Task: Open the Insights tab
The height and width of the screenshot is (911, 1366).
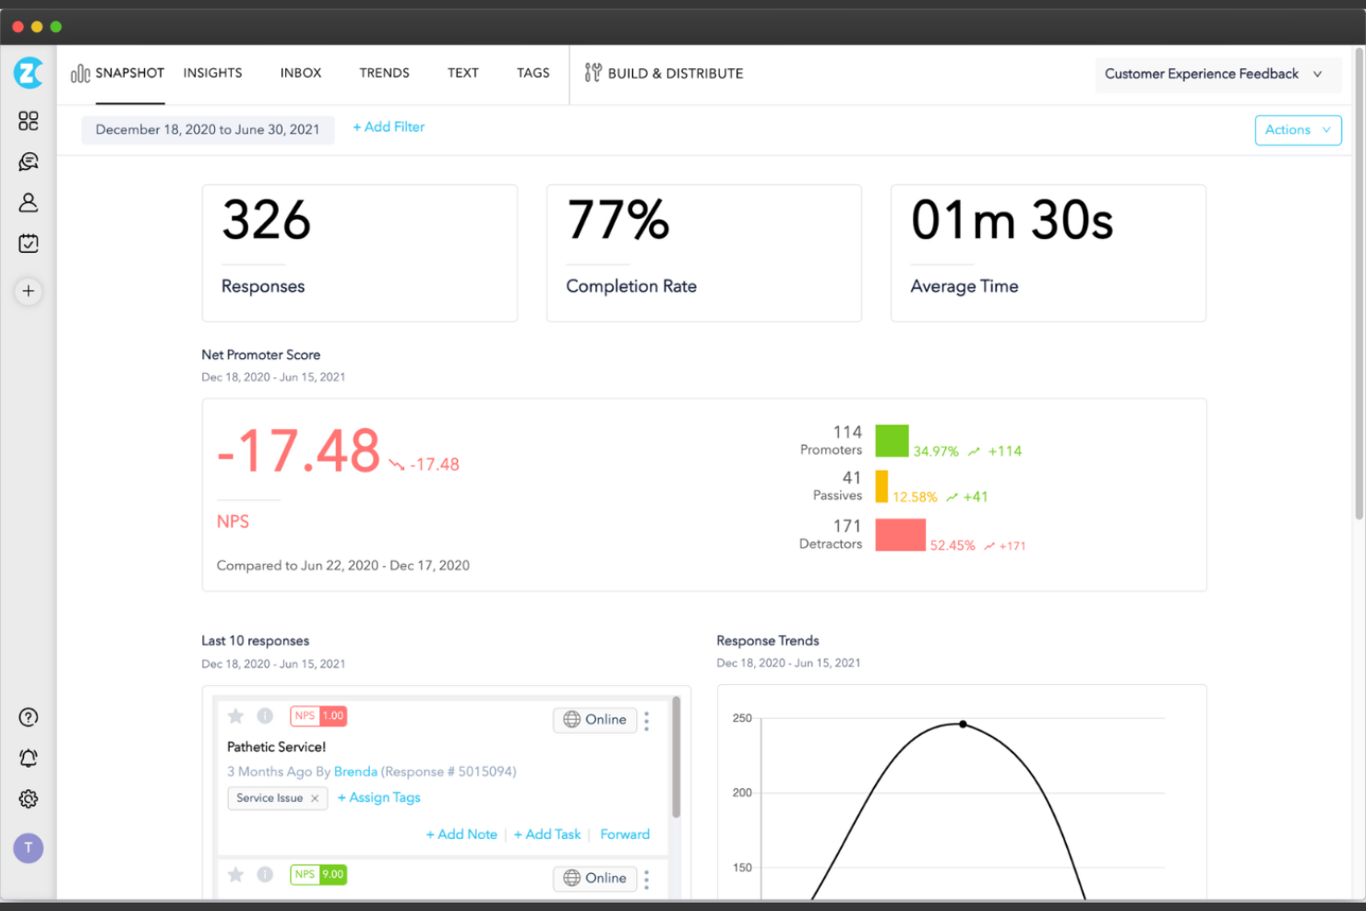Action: point(212,73)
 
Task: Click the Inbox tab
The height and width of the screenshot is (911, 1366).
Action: point(301,73)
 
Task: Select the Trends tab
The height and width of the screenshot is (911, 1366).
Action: point(384,73)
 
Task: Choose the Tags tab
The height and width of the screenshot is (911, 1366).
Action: point(533,73)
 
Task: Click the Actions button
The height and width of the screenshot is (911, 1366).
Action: point(1297,130)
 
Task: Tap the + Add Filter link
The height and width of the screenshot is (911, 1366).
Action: point(389,127)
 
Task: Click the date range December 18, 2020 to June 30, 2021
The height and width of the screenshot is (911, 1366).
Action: point(208,130)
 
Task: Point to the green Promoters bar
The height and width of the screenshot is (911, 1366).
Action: point(892,441)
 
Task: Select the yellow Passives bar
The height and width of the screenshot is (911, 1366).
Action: point(881,486)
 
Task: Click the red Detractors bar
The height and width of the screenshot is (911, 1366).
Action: point(900,535)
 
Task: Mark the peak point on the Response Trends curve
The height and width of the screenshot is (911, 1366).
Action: point(963,725)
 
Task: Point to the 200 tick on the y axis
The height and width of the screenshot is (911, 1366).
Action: point(742,793)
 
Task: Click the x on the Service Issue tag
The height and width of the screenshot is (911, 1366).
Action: point(315,798)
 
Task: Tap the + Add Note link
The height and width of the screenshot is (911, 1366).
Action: point(461,834)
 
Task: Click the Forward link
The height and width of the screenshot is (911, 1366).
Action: point(625,834)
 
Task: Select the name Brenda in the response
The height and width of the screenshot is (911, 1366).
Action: point(355,772)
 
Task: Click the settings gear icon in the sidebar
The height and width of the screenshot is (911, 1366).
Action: point(29,799)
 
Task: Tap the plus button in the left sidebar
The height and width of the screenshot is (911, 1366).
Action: point(29,292)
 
